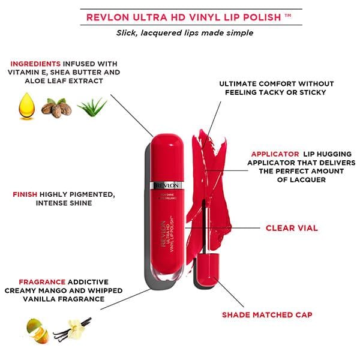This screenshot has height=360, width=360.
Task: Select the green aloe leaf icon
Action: click(x=92, y=106)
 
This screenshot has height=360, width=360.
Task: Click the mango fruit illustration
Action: click(x=38, y=328)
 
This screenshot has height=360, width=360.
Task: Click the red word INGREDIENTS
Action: click(x=35, y=63)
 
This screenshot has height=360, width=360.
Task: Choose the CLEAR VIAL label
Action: click(x=292, y=228)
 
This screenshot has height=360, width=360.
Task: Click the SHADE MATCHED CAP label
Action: click(x=267, y=314)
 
